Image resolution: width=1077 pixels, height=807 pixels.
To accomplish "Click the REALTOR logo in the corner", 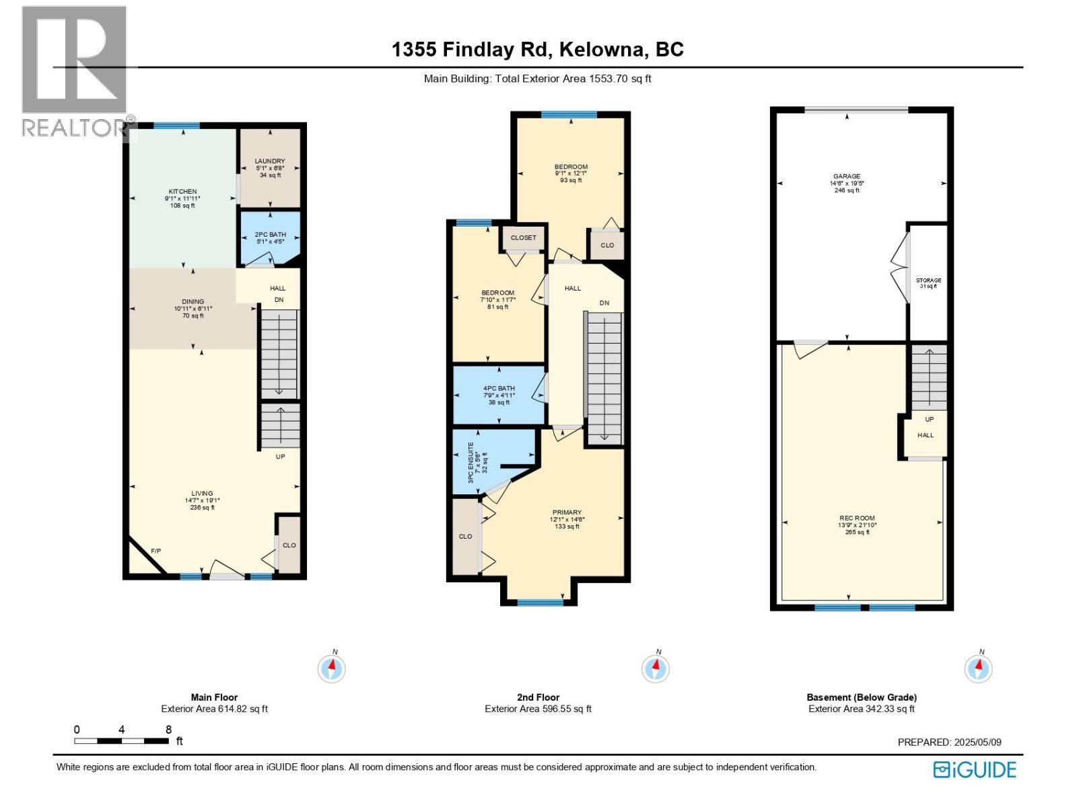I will pyautogui.click(x=74, y=71).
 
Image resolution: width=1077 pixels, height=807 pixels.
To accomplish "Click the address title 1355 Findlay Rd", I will pyautogui.click(x=537, y=50).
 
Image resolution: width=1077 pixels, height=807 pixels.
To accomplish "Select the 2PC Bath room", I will pyautogui.click(x=270, y=237).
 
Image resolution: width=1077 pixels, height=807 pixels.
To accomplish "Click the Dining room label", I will pyautogui.click(x=193, y=308).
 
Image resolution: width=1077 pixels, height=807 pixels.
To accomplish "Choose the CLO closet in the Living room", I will pyautogui.click(x=289, y=545).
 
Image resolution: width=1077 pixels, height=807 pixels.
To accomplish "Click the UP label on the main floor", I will pyautogui.click(x=281, y=457).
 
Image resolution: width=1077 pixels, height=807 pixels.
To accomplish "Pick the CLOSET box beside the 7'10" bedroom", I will pyautogui.click(x=523, y=237).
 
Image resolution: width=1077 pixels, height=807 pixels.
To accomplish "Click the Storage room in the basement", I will pyautogui.click(x=928, y=282).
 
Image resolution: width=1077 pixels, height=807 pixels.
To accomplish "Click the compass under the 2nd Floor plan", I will pyautogui.click(x=655, y=668).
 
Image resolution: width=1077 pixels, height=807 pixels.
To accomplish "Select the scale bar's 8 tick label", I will pyautogui.click(x=168, y=730).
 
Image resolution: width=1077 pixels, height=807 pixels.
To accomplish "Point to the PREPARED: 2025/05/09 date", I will pyautogui.click(x=949, y=742).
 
